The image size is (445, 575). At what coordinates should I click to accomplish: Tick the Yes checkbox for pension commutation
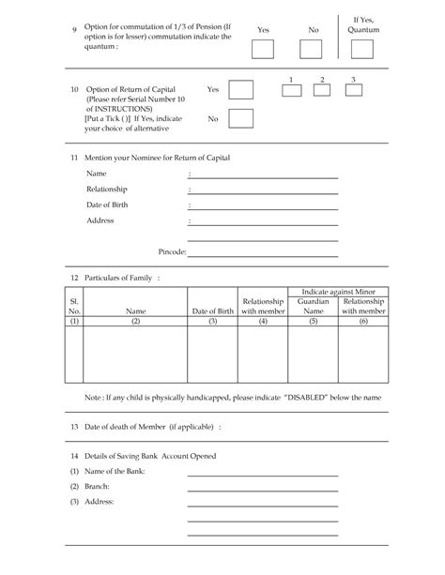[263, 49]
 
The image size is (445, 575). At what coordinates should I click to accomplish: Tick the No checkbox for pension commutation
[314, 49]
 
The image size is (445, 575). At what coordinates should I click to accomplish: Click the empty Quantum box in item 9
[362, 49]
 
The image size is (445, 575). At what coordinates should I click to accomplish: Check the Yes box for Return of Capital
[241, 90]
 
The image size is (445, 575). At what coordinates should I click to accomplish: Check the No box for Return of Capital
[241, 118]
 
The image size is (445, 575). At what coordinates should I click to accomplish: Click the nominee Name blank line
[266, 176]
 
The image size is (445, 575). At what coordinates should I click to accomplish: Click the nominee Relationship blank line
[266, 191]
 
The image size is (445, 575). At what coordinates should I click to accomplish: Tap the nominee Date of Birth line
[266, 206]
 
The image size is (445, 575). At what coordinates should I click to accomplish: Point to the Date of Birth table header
[213, 311]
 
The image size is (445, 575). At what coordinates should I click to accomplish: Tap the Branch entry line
[262, 488]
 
